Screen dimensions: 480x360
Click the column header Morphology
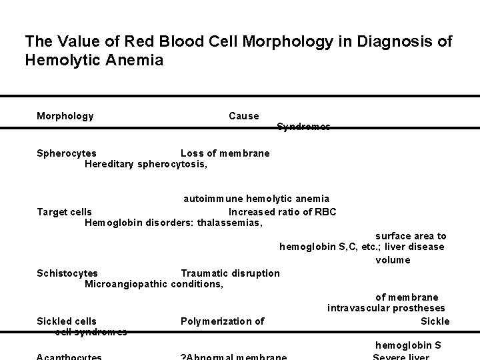point(65,116)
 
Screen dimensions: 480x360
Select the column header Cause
point(243,116)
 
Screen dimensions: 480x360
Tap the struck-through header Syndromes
point(303,127)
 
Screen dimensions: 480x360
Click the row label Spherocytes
point(67,153)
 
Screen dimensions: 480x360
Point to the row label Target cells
point(64,212)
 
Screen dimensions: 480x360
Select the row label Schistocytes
point(67,273)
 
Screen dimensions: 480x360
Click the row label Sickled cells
point(67,321)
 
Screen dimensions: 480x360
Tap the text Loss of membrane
point(225,153)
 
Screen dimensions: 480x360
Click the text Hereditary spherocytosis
point(145,164)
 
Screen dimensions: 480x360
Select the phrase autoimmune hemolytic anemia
point(257,199)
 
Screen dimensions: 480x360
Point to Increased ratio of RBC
point(282,212)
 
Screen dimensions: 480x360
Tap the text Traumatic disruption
point(231,273)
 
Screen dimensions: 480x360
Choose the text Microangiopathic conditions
point(154,284)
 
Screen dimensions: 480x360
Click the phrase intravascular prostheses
point(386,308)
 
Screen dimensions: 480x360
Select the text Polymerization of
point(222,321)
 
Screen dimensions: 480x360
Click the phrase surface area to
point(411,236)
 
